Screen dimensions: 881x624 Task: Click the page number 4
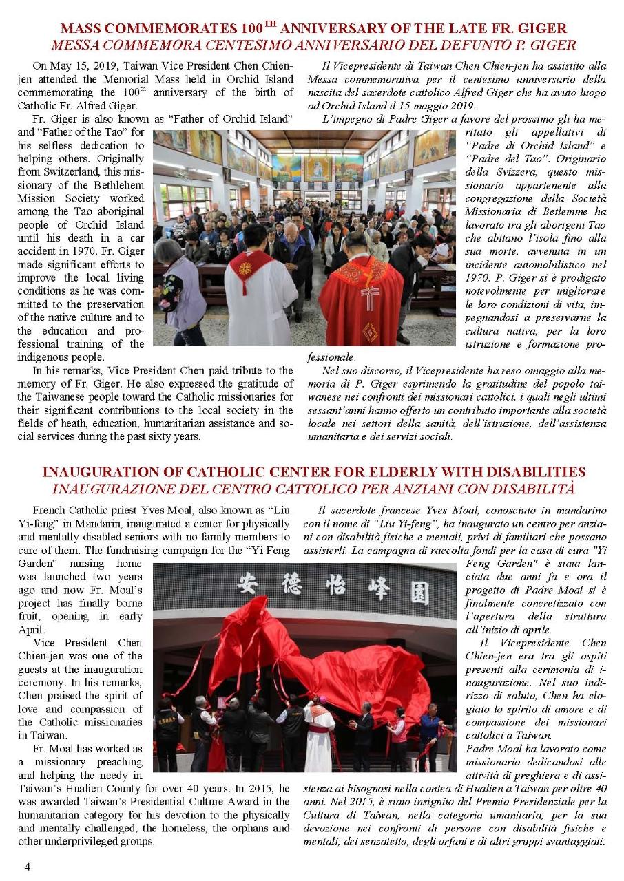click(x=27, y=866)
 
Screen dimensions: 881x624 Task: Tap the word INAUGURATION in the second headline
click(x=94, y=472)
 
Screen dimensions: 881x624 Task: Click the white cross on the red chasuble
click(x=371, y=297)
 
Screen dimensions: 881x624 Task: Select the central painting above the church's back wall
click(x=318, y=167)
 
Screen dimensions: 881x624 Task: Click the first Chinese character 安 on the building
click(x=247, y=584)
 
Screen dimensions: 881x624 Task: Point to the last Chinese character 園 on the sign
click(x=421, y=593)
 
